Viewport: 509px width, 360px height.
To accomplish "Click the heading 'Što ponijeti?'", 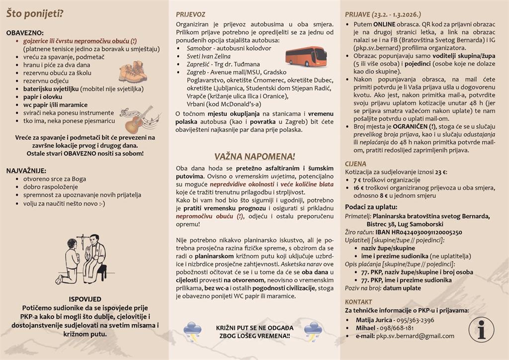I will coord(34,13).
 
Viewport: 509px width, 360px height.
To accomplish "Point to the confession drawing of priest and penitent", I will coord(87,259).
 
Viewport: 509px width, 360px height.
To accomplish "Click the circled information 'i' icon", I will coord(481,330).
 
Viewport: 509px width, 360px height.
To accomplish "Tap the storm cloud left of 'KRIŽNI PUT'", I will coord(192,331).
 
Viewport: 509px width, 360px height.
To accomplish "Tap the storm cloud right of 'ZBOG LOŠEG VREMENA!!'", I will coord(314,331).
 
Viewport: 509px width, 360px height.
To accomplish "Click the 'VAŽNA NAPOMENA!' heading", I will coord(254,156).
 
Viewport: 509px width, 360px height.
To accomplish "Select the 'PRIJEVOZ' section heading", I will coord(190,14).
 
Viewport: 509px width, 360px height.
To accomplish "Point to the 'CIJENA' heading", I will coord(355,164).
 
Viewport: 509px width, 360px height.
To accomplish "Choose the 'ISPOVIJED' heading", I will coord(85,299).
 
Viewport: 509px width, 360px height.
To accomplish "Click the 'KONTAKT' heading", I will coord(358,302).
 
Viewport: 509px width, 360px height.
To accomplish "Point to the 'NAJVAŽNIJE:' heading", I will coord(26,171).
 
